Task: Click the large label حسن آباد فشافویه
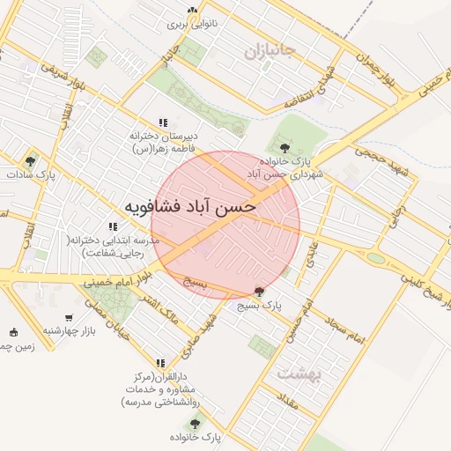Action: tap(189, 207)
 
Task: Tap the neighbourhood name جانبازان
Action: tap(272, 52)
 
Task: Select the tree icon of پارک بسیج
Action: tap(258, 292)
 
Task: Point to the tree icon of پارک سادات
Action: tap(31, 161)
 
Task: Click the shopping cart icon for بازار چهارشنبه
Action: tap(69, 317)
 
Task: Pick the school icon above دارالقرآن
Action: tap(160, 362)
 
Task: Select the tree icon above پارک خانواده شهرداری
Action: tap(284, 147)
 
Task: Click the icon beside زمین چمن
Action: tap(12, 332)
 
